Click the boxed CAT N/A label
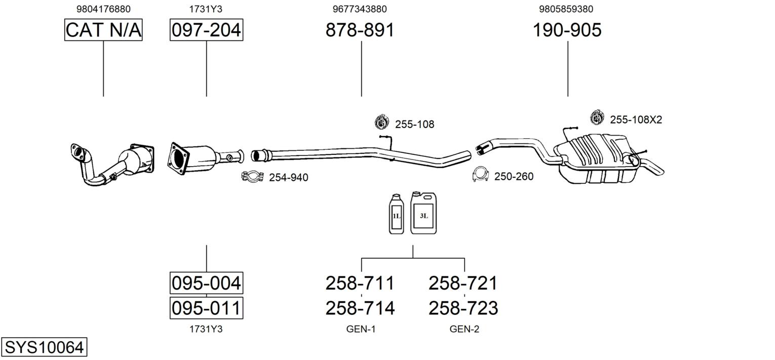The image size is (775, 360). pyautogui.click(x=103, y=30)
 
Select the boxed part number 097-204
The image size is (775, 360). pyautogui.click(x=206, y=30)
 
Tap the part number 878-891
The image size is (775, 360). pyautogui.click(x=360, y=30)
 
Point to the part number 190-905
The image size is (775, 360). pyautogui.click(x=567, y=30)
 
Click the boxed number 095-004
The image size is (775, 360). pyautogui.click(x=206, y=283)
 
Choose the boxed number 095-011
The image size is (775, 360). pyautogui.click(x=206, y=308)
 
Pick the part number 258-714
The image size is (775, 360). pyautogui.click(x=360, y=308)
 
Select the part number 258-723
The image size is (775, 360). pyautogui.click(x=463, y=308)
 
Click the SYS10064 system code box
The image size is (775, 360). pyautogui.click(x=44, y=347)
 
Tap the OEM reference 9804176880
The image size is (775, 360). pyautogui.click(x=103, y=9)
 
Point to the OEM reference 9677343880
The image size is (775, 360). pyautogui.click(x=360, y=9)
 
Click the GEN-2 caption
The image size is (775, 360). pyautogui.click(x=464, y=329)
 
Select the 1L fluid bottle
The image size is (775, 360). pyautogui.click(x=396, y=214)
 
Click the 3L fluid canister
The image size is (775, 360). pyautogui.click(x=423, y=213)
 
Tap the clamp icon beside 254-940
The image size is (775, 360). pyautogui.click(x=252, y=177)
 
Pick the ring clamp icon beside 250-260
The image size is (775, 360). pyautogui.click(x=480, y=174)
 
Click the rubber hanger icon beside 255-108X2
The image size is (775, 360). pyautogui.click(x=597, y=117)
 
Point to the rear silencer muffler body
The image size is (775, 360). pyautogui.click(x=596, y=159)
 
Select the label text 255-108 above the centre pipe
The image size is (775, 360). pyautogui.click(x=414, y=124)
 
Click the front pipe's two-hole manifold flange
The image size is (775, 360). pyautogui.click(x=80, y=152)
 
